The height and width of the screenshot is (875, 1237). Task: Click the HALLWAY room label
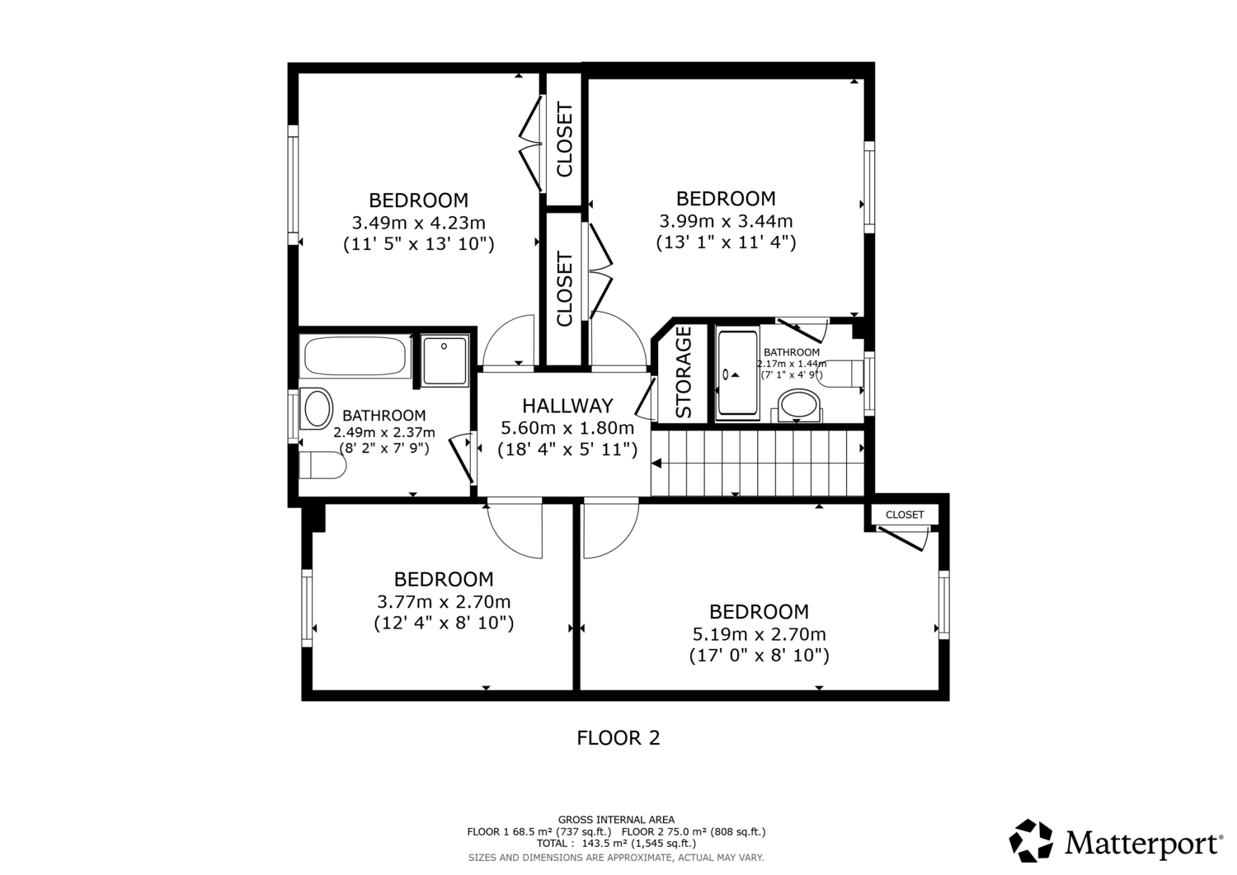click(x=567, y=406)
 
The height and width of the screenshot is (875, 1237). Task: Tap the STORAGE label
click(x=683, y=372)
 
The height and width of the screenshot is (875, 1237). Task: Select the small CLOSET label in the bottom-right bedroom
click(x=905, y=515)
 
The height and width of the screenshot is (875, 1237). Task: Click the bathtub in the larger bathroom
click(x=356, y=357)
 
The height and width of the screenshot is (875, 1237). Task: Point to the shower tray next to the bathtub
click(x=444, y=360)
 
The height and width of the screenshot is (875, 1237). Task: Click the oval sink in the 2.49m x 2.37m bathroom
click(x=317, y=409)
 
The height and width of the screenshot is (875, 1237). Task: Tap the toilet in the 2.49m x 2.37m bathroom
click(x=322, y=465)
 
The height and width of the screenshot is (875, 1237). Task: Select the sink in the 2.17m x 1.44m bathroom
click(x=799, y=406)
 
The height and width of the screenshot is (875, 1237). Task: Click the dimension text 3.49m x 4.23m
click(x=419, y=223)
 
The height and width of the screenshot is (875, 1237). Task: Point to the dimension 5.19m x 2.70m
click(x=760, y=634)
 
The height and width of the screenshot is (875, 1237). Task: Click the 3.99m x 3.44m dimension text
click(x=726, y=222)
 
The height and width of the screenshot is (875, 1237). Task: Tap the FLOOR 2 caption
click(x=618, y=738)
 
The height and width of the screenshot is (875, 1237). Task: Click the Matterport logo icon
click(x=1031, y=840)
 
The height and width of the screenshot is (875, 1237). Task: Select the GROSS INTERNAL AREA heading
click(x=616, y=820)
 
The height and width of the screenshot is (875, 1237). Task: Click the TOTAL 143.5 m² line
click(x=616, y=844)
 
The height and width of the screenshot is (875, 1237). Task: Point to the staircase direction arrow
click(x=656, y=463)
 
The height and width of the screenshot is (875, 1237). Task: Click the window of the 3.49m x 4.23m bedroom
click(x=294, y=185)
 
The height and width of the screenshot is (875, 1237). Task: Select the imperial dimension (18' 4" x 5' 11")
click(x=567, y=449)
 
